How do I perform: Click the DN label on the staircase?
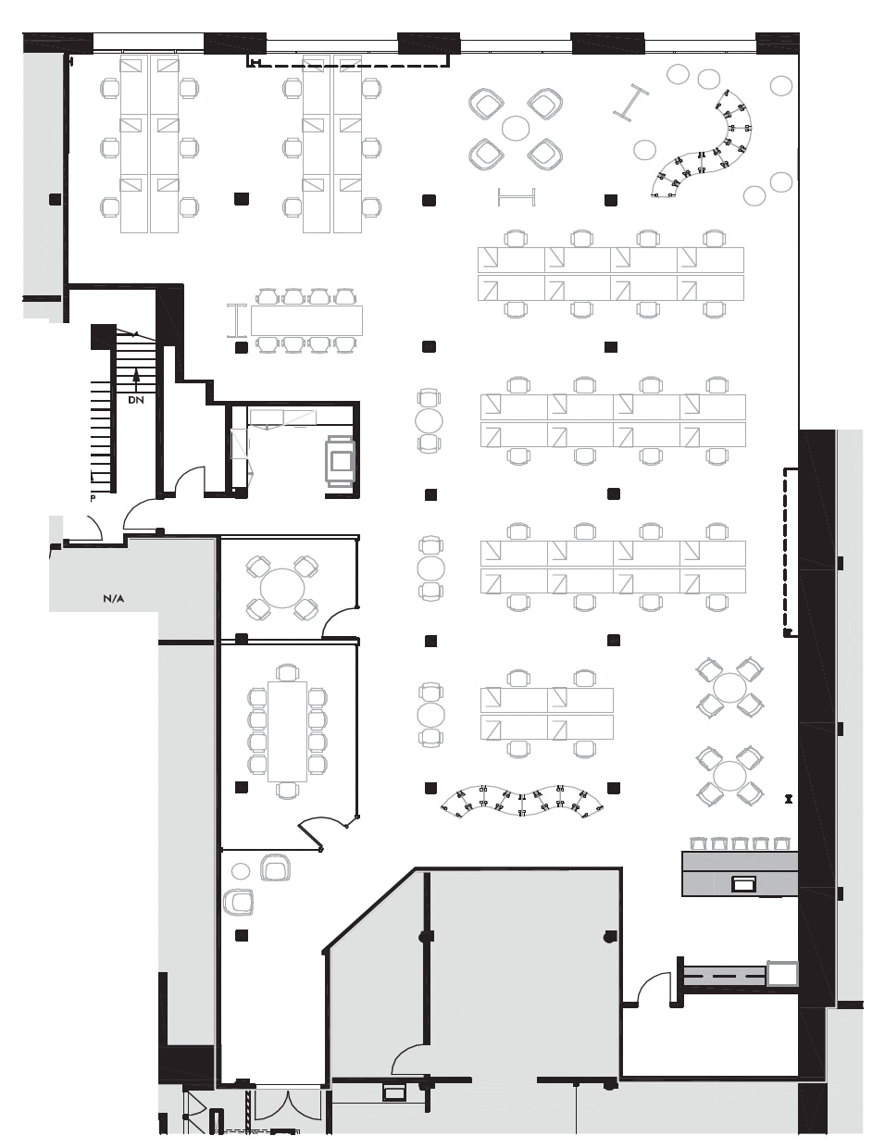(x=136, y=400)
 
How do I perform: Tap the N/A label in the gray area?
(x=113, y=599)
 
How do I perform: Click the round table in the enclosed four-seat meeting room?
(x=281, y=588)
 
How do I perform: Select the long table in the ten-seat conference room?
(x=287, y=731)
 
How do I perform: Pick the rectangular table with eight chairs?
(x=306, y=320)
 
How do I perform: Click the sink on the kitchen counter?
(x=743, y=883)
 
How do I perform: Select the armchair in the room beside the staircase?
(x=339, y=458)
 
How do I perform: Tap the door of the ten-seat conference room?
(x=319, y=830)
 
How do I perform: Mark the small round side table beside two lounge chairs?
(x=241, y=870)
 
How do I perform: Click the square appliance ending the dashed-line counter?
(x=782, y=973)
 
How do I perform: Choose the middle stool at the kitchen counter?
(x=740, y=843)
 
